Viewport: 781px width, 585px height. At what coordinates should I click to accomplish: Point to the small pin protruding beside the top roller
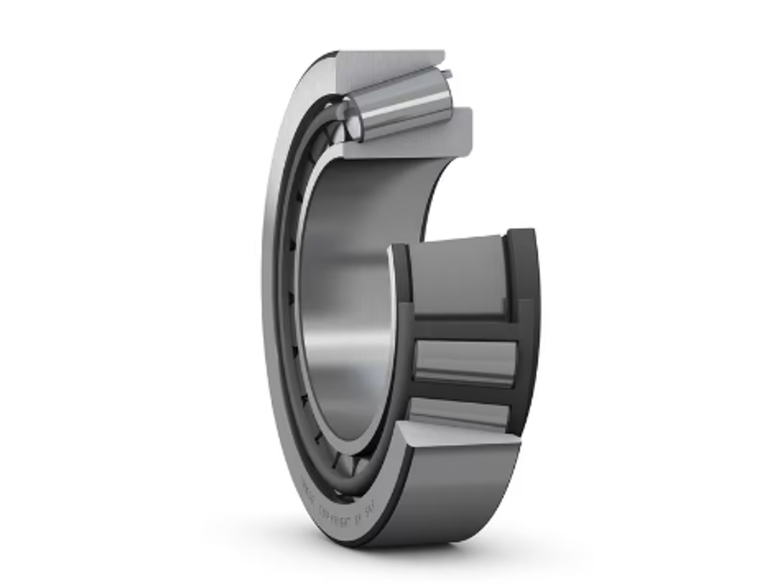pos(448,74)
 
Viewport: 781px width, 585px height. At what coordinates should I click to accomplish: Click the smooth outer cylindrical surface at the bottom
pos(450,495)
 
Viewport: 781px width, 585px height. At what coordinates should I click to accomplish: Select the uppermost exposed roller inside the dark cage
pos(458,274)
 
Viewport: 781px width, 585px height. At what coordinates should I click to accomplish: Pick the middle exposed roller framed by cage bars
pos(465,358)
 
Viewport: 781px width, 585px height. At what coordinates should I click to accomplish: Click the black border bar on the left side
pos(92,292)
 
